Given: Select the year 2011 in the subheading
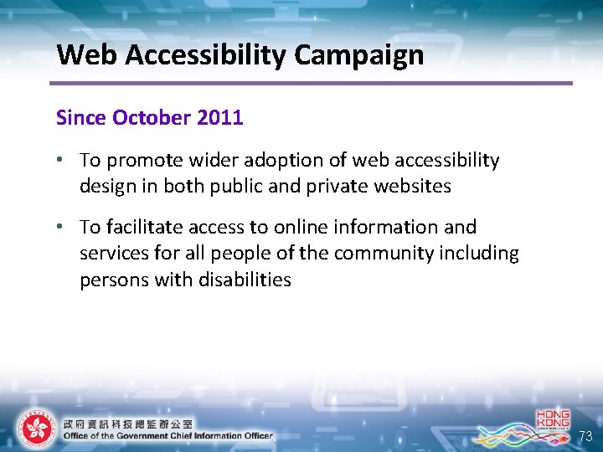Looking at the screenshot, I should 220,118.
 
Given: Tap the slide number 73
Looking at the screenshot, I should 586,436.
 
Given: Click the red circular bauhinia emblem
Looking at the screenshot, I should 35,429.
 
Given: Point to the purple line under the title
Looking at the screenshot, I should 310,83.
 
